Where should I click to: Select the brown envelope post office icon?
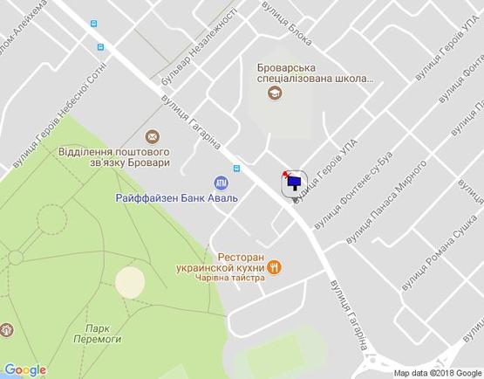[153, 135]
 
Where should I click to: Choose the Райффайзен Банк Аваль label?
[177, 197]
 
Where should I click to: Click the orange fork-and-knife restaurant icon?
[275, 268]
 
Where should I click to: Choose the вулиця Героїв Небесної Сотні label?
[58, 114]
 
